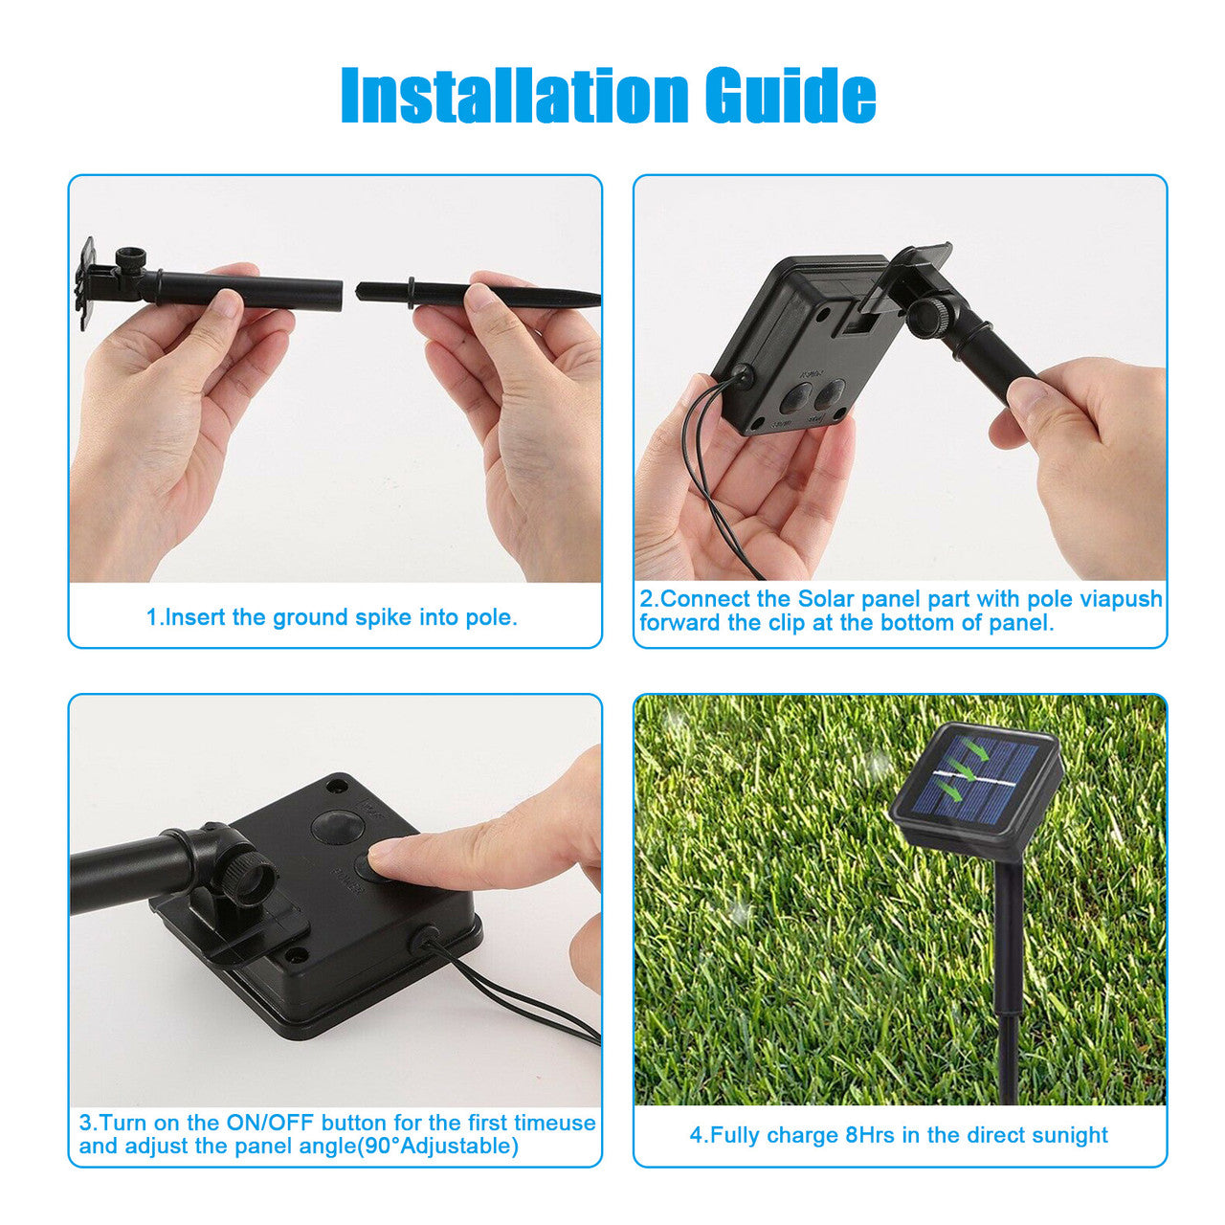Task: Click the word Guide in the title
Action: (791, 96)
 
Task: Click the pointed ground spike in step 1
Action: (477, 295)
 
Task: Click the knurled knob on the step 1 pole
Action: (131, 260)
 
